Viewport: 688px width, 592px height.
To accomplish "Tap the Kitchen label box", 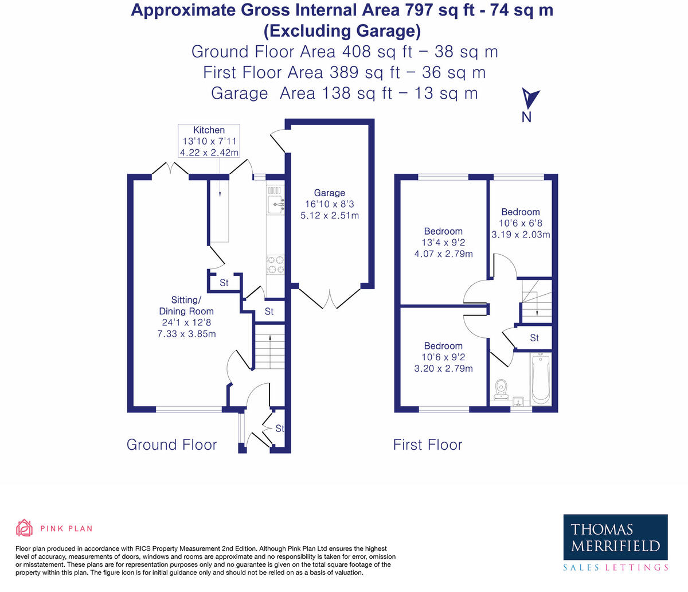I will [209, 141].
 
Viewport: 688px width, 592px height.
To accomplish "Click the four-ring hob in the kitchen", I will [275, 264].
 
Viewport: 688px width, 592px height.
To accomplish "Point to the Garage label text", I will [329, 193].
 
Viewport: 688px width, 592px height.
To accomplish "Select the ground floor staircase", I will [269, 348].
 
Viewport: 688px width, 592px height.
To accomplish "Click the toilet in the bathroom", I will [502, 388].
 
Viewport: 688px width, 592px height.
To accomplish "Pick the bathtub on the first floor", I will [541, 379].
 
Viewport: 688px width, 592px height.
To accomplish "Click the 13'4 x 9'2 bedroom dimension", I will [443, 243].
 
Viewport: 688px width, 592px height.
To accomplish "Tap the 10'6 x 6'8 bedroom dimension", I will [520, 223].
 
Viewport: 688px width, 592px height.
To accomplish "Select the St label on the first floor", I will [534, 338].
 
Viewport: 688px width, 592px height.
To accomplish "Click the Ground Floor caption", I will [171, 445].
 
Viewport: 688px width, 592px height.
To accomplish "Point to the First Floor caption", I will [427, 445].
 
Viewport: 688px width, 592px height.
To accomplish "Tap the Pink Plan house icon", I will [24, 528].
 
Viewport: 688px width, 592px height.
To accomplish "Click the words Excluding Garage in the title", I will [342, 30].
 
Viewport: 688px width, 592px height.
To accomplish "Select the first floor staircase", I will [535, 301].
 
